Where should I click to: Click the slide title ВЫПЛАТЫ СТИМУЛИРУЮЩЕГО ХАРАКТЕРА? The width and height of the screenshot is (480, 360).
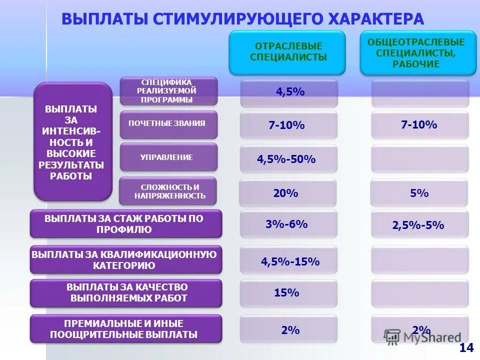242,19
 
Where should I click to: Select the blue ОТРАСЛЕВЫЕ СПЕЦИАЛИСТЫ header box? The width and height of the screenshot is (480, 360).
287,52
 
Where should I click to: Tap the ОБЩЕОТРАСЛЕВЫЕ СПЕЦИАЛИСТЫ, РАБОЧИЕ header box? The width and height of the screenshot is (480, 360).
418,52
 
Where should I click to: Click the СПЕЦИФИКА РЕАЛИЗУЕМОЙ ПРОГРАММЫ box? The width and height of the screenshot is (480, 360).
168,90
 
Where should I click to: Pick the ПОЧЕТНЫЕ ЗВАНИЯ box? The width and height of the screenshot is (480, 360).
168,124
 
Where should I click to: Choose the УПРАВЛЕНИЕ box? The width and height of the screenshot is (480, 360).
168,157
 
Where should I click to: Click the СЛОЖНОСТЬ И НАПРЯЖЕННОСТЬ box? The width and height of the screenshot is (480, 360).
168,191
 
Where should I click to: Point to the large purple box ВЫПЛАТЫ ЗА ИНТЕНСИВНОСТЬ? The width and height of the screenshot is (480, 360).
72,141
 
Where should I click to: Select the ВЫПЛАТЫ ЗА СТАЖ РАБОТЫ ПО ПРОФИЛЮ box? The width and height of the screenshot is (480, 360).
125,224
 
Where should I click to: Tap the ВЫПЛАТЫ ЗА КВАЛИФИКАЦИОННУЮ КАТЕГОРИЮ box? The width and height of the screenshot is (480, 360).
125,259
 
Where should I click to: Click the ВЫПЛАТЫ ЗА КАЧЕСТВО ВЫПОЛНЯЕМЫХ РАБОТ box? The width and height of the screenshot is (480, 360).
125,293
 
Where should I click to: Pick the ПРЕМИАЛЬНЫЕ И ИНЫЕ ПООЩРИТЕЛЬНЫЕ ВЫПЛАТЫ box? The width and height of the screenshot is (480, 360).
125,328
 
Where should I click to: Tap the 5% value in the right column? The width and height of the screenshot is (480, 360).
419,193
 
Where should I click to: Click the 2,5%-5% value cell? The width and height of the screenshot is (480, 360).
419,224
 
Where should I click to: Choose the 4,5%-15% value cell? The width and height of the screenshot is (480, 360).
289,261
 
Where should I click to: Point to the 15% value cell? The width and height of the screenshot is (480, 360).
287,293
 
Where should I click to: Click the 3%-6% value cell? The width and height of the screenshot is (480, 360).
287,224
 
